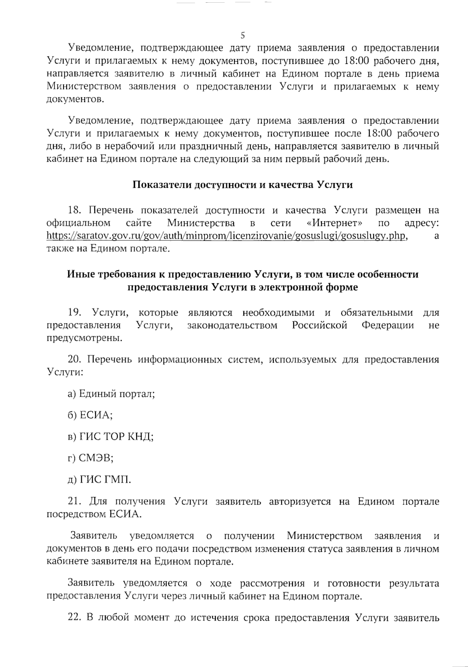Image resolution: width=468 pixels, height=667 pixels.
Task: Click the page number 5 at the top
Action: pyautogui.click(x=242, y=35)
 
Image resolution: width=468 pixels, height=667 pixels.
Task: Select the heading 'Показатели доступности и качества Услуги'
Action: pyautogui.click(x=243, y=185)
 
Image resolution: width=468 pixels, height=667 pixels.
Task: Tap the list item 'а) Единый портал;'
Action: pyautogui.click(x=112, y=394)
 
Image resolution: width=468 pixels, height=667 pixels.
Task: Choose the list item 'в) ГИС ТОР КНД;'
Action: pyautogui.click(x=111, y=437)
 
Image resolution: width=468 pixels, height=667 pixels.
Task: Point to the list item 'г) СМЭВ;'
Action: pyautogui.click(x=90, y=458)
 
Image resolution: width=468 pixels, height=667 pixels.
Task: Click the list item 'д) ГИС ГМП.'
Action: pyautogui.click(x=99, y=480)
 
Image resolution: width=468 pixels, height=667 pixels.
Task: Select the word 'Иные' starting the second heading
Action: pyautogui.click(x=80, y=274)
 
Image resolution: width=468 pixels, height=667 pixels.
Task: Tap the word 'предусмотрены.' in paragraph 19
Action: pyautogui.click(x=82, y=338)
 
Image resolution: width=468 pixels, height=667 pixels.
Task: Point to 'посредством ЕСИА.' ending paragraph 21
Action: pyautogui.click(x=94, y=514)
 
